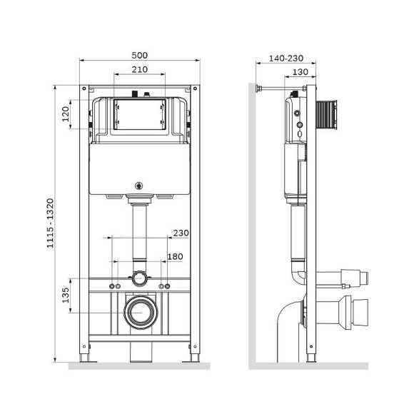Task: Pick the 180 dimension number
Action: (x=175, y=256)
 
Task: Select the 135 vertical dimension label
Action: (x=65, y=295)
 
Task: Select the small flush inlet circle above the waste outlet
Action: (x=139, y=277)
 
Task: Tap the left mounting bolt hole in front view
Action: (x=113, y=286)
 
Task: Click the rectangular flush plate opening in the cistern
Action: (x=139, y=114)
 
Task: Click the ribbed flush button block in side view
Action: (x=329, y=113)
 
